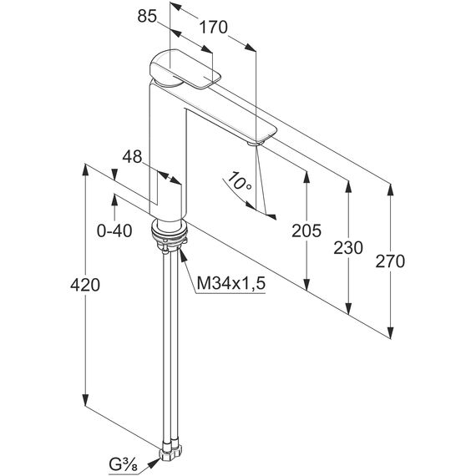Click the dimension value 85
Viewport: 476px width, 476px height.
[147, 16]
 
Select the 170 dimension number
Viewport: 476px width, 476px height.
[213, 27]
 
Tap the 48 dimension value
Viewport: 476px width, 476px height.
[132, 157]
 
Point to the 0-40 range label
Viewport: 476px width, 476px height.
[114, 230]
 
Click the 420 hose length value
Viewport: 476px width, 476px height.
[85, 285]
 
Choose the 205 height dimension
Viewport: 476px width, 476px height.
[306, 230]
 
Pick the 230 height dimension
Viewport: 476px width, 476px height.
[348, 248]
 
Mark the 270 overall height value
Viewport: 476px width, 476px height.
[390, 261]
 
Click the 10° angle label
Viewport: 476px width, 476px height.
[240, 181]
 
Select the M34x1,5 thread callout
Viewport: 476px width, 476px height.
[231, 283]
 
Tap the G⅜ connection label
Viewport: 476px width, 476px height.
[123, 464]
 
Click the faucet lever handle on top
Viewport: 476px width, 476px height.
[185, 69]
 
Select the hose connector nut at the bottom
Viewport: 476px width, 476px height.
[170, 453]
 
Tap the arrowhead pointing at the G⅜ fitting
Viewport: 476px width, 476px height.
[154, 463]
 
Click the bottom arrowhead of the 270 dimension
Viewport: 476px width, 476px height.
[391, 332]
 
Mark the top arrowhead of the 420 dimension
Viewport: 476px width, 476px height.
[85, 170]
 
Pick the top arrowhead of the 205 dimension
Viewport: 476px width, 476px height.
[306, 178]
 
